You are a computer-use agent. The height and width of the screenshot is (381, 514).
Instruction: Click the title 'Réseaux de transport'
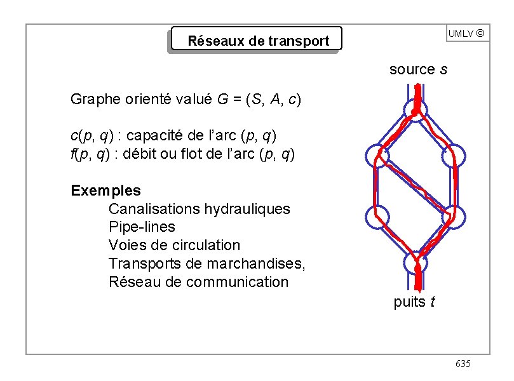(258, 41)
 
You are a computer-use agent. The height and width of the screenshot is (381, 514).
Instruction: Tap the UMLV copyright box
(467, 33)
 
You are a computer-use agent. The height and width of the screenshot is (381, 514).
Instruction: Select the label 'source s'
(418, 69)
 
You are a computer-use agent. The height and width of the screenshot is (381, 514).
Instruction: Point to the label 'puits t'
(414, 302)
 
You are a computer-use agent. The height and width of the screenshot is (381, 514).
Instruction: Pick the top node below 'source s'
(416, 111)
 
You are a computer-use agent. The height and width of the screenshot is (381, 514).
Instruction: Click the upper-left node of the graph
(377, 156)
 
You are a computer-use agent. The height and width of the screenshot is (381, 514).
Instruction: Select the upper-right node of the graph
(455, 156)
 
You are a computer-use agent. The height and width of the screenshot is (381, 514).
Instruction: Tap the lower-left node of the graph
(377, 217)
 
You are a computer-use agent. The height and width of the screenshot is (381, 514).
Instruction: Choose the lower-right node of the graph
(455, 217)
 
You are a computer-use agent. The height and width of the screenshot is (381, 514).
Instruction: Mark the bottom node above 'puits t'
(416, 261)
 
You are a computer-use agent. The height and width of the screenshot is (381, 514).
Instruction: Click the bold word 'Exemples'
(106, 190)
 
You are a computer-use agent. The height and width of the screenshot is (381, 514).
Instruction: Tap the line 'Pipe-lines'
(142, 227)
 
